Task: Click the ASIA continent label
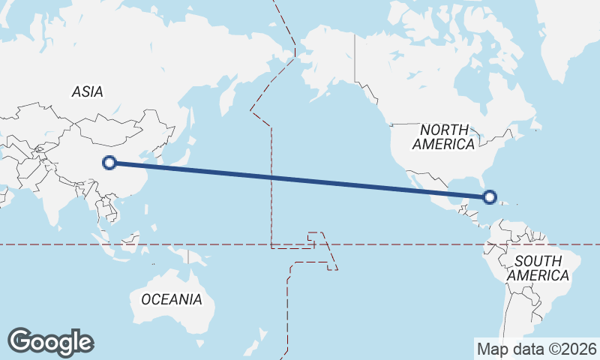click(x=88, y=91)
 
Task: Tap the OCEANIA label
click(x=172, y=299)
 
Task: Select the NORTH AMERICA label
click(x=444, y=136)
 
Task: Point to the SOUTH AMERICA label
click(x=538, y=268)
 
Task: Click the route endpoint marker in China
click(x=109, y=162)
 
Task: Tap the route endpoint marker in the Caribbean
click(x=490, y=197)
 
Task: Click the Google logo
click(x=50, y=341)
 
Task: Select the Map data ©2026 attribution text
click(x=536, y=349)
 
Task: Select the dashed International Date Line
click(x=272, y=187)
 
